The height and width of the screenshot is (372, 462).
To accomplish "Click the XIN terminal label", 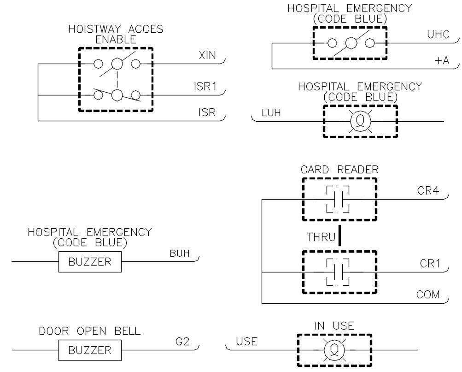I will click(208, 56).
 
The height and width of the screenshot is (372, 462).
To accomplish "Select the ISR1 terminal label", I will click(205, 87).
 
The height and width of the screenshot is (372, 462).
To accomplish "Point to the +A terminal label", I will click(441, 60).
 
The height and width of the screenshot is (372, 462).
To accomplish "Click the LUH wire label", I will click(271, 113).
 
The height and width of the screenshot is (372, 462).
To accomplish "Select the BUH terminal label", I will click(180, 253).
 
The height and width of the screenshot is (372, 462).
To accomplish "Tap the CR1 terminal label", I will click(430, 264).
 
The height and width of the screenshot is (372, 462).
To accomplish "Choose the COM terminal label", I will click(428, 295).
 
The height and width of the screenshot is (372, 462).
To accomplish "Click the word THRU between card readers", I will click(321, 237).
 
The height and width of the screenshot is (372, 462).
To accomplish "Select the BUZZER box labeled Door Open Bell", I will click(90, 350).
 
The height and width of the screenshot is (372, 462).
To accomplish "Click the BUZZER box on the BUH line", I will click(90, 262).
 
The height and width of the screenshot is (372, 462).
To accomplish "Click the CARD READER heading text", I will click(339, 170).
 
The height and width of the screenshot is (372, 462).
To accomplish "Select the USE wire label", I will click(246, 342).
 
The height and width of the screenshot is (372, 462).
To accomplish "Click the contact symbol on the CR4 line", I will click(338, 200).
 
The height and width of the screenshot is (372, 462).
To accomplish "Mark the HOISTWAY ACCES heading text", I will click(116, 29).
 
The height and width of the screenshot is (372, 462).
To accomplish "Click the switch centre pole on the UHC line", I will click(351, 44).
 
